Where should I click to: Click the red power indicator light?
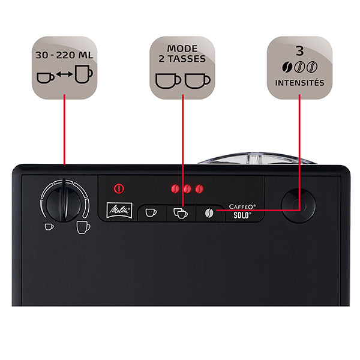pyautogui.click(x=119, y=189)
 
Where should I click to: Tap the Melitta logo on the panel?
pyautogui.click(x=119, y=210)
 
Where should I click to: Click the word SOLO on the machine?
pyautogui.click(x=242, y=215)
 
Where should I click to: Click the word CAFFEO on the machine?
pyautogui.click(x=242, y=206)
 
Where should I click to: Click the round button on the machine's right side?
pyautogui.click(x=298, y=206)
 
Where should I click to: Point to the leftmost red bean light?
pyautogui.click(x=175, y=189)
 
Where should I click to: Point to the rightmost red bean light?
pyautogui.click(x=199, y=189)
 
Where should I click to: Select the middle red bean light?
pyautogui.click(x=187, y=189)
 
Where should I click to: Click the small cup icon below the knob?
pyautogui.click(x=49, y=227)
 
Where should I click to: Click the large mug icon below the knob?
pyautogui.click(x=83, y=227)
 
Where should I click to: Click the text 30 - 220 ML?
pyautogui.click(x=64, y=55)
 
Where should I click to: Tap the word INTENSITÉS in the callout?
pyautogui.click(x=299, y=83)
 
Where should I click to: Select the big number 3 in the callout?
pyautogui.click(x=299, y=50)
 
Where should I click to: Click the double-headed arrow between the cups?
pyautogui.click(x=65, y=74)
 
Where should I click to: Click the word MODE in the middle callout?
pyautogui.click(x=182, y=49)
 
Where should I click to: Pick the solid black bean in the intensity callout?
pyautogui.click(x=287, y=67)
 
